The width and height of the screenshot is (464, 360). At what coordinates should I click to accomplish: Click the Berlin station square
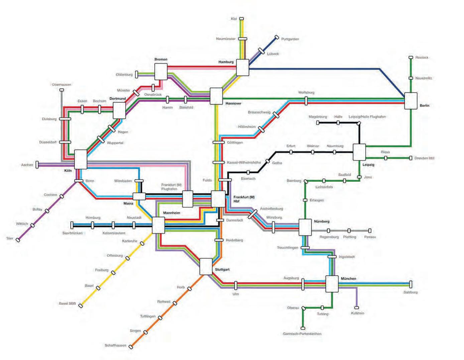tap(411, 101)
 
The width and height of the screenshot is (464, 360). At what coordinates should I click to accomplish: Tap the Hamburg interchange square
tap(243, 68)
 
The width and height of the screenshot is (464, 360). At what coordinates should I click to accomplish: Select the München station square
tap(332, 284)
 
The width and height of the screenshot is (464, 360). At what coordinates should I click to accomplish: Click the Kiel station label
tap(234, 19)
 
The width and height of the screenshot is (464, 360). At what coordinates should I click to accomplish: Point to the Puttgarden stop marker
tap(277, 37)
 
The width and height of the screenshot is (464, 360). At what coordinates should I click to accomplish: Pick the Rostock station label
tap(422, 57)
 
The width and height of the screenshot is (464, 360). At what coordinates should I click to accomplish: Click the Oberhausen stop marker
tap(62, 90)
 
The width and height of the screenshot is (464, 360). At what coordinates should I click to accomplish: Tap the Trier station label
tap(10, 238)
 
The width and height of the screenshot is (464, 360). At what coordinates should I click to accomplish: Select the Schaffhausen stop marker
tap(131, 347)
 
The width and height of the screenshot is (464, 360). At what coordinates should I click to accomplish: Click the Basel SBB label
tap(67, 304)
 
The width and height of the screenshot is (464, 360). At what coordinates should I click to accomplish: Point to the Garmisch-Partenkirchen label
tap(302, 334)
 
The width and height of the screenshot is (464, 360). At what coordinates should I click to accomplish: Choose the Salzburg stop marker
tap(411, 284)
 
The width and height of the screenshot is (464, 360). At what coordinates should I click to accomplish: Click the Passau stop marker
tap(370, 231)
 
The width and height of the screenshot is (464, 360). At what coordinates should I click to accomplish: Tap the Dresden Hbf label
tap(424, 158)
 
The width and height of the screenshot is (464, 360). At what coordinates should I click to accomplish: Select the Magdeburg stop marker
tap(318, 123)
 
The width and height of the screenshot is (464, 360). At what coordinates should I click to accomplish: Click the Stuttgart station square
tap(206, 266)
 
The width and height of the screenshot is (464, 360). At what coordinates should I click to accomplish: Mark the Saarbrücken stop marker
tap(72, 225)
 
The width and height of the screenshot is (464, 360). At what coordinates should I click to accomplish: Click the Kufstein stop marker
tap(357, 308)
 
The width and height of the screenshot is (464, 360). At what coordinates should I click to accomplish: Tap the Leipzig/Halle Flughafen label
tap(367, 117)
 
